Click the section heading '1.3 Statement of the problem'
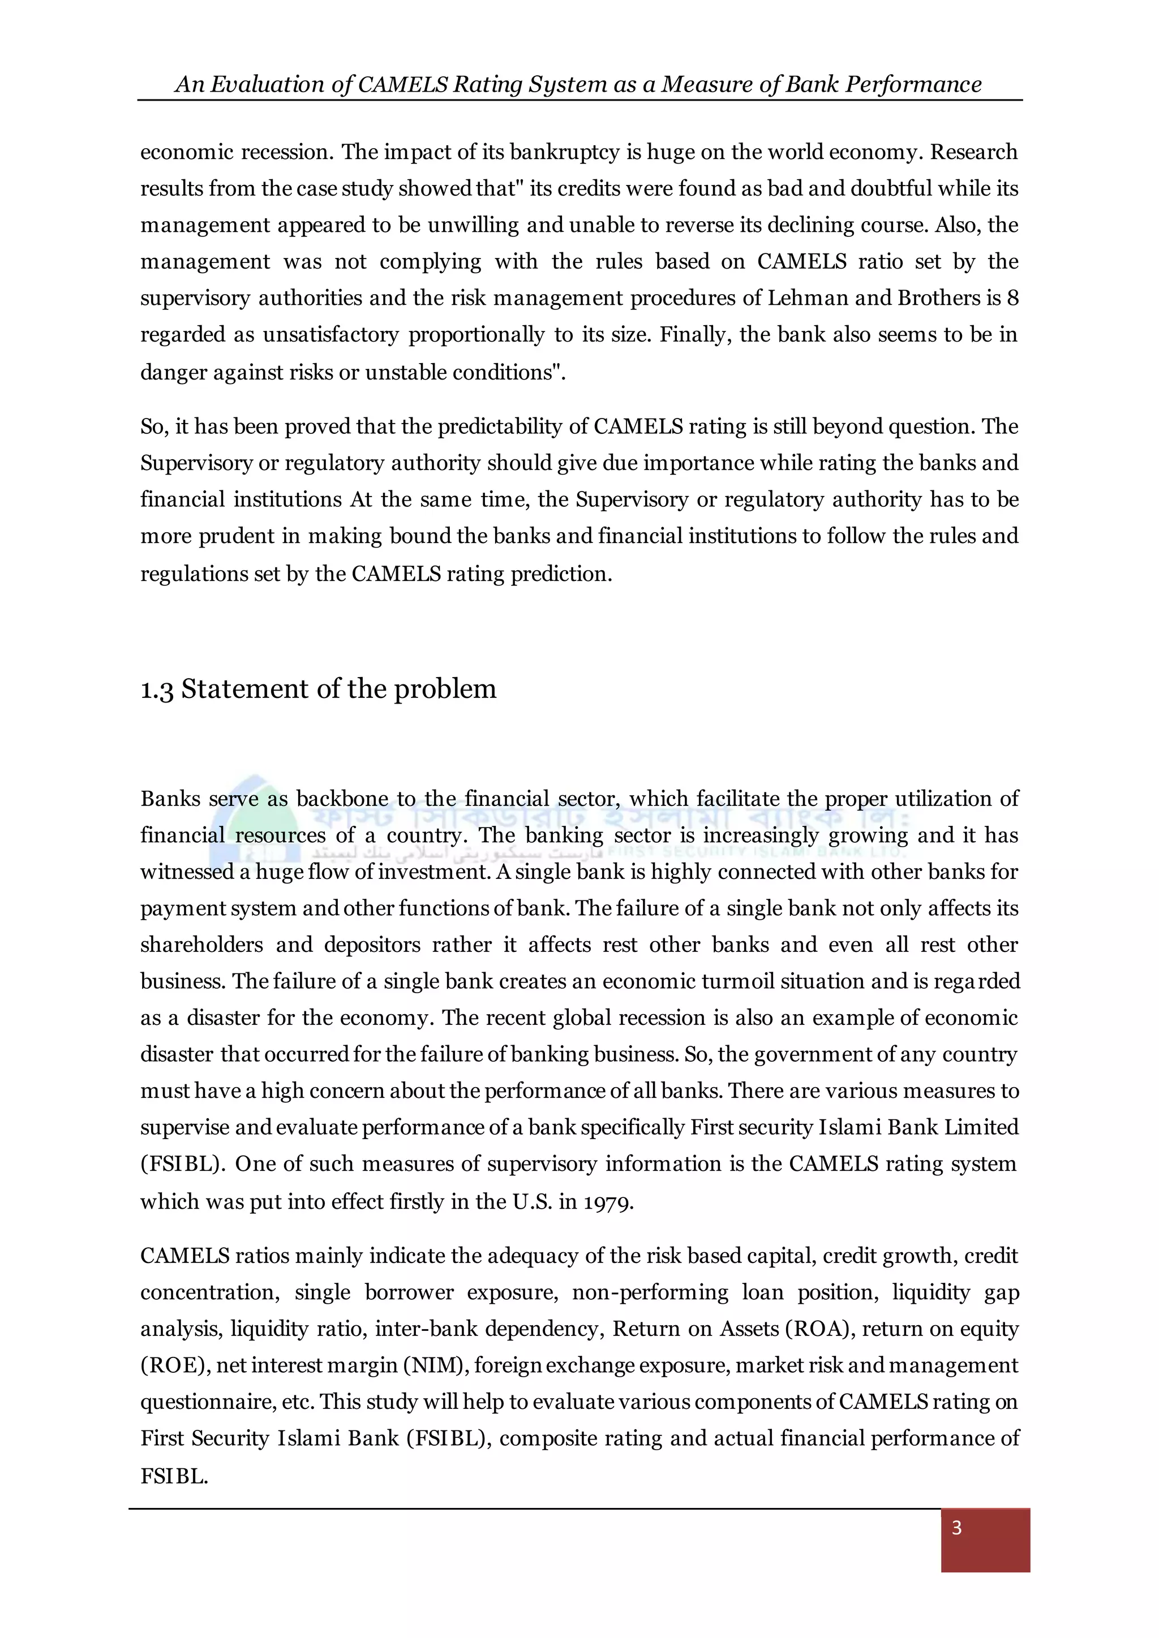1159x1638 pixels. [x=318, y=689]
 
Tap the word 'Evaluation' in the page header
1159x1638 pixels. [x=268, y=85]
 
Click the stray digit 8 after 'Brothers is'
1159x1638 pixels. [x=1012, y=298]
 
